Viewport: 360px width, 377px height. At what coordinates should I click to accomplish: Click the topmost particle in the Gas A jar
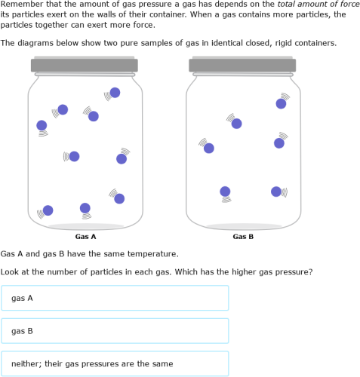tap(115, 93)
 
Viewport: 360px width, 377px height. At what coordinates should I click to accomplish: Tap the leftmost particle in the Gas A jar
tap(42, 125)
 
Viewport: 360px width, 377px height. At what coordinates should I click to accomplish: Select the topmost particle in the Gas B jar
tap(281, 103)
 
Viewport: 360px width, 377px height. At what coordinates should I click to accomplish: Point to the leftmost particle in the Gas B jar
tap(209, 148)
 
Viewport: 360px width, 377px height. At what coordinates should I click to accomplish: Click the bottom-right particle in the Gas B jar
tap(276, 192)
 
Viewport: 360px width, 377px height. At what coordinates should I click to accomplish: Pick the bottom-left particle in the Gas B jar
tap(225, 192)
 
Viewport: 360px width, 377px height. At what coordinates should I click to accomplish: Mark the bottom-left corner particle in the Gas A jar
tap(48, 210)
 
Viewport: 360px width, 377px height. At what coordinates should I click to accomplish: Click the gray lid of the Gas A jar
tap(85, 66)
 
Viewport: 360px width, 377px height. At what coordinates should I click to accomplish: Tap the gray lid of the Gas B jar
tap(243, 66)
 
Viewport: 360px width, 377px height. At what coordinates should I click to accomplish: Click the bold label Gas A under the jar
tap(85, 237)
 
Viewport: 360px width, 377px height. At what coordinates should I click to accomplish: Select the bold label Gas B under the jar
tap(243, 237)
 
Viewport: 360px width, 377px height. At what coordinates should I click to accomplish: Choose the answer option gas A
tap(115, 298)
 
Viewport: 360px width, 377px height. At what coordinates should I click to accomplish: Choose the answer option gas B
tap(115, 331)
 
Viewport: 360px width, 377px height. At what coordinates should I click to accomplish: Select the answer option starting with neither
tap(115, 363)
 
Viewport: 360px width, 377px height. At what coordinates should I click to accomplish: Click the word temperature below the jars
tap(150, 254)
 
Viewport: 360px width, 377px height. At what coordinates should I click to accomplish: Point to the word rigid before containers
tap(284, 43)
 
